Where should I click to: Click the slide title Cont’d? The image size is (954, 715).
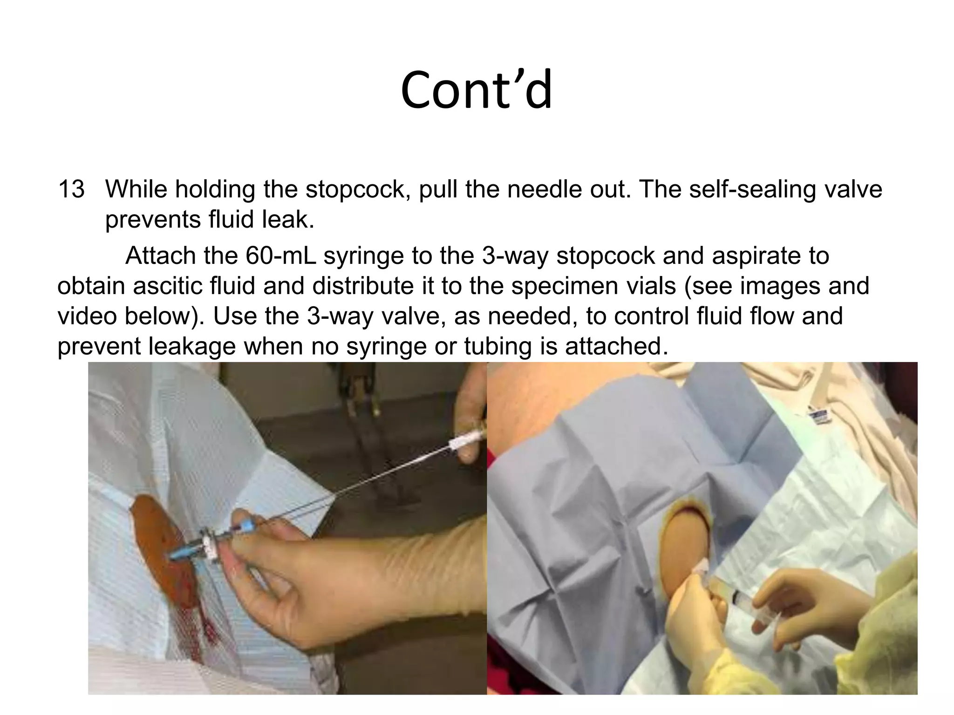[x=476, y=89]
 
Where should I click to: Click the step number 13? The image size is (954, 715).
[x=71, y=189]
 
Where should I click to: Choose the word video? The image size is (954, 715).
[x=87, y=316]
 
